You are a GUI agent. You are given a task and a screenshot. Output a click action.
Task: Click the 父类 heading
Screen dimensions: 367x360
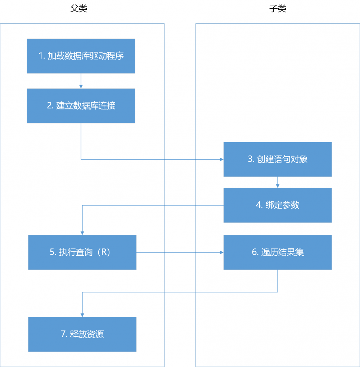78,9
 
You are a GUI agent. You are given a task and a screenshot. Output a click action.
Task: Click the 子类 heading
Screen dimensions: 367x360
278,9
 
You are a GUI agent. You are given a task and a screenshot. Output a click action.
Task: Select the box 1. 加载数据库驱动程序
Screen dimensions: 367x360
81,56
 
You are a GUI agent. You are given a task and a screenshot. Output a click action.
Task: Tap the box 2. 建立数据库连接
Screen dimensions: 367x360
81,106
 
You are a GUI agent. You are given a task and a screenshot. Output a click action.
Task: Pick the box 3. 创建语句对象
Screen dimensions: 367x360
277,159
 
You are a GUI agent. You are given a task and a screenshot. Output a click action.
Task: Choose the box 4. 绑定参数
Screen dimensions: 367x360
277,205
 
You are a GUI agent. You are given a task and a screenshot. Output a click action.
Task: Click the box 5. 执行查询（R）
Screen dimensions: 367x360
82,252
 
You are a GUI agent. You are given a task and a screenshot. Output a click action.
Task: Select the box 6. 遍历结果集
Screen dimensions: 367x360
277,252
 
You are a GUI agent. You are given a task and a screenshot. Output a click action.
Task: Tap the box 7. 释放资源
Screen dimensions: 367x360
82,334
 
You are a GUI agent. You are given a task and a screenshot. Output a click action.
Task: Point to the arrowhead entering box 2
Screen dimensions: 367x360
81,86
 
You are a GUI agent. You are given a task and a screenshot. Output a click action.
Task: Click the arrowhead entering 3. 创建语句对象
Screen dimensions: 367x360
221,159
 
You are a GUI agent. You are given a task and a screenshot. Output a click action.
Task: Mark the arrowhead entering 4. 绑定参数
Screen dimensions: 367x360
277,186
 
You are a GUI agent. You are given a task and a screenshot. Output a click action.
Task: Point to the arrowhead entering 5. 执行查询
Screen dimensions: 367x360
82,233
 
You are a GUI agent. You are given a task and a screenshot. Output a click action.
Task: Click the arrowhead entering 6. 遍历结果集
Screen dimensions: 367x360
221,252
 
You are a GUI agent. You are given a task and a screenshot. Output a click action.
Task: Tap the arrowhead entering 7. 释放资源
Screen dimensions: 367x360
82,315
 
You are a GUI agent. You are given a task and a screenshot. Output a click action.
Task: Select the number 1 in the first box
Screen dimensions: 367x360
41,56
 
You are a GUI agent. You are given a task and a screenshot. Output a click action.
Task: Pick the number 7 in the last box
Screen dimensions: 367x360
63,334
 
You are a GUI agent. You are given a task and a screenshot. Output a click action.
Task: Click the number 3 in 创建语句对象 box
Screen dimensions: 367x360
250,159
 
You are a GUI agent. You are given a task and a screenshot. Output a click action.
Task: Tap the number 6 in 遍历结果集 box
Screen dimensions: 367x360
254,252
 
